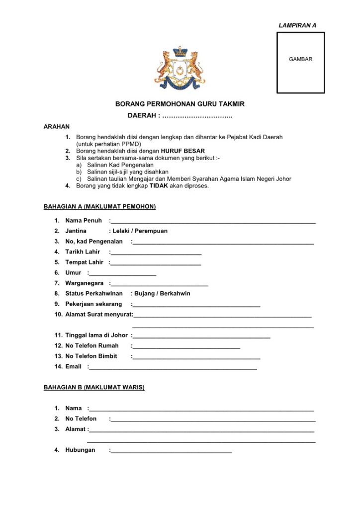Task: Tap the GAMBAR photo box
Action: [300, 63]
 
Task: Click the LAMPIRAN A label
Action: [297, 25]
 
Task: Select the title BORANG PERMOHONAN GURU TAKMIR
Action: [180, 104]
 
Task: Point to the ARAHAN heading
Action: [57, 127]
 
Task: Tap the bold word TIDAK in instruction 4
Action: [158, 186]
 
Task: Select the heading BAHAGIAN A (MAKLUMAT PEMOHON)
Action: [99, 207]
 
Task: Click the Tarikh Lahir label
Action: [83, 252]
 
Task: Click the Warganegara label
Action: [85, 283]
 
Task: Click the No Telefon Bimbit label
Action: [91, 356]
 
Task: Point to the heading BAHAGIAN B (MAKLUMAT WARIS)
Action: [94, 387]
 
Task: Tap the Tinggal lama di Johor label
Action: [96, 336]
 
